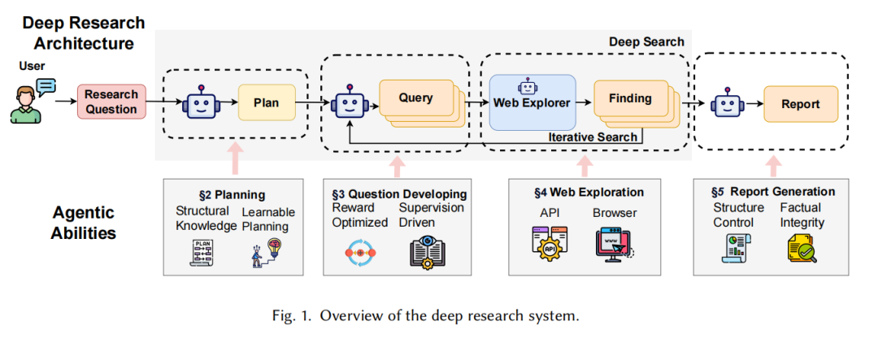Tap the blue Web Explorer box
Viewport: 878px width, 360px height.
click(532, 102)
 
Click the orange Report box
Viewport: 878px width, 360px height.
click(800, 104)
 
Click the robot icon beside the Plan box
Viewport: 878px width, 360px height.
click(198, 104)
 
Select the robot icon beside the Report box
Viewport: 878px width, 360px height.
click(726, 104)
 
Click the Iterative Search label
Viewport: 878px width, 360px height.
click(593, 137)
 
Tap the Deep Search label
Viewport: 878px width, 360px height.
click(646, 41)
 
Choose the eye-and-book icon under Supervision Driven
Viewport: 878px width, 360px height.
click(427, 251)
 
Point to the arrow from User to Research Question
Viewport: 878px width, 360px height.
click(63, 103)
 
